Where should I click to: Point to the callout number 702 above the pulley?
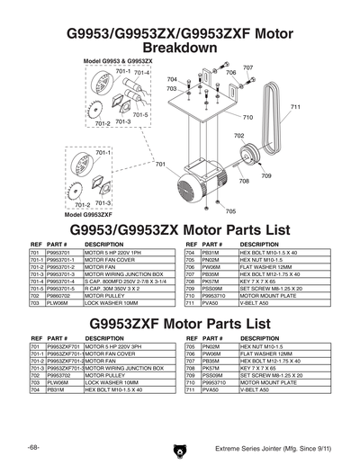[x=238, y=136]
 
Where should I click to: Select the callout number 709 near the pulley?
[x=266, y=175]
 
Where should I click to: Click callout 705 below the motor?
[x=231, y=211]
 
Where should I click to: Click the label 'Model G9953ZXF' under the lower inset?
[x=87, y=216]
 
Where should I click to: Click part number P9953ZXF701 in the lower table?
[x=65, y=345]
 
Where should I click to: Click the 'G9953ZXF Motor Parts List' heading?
[x=180, y=321]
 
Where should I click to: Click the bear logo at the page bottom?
[x=180, y=448]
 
